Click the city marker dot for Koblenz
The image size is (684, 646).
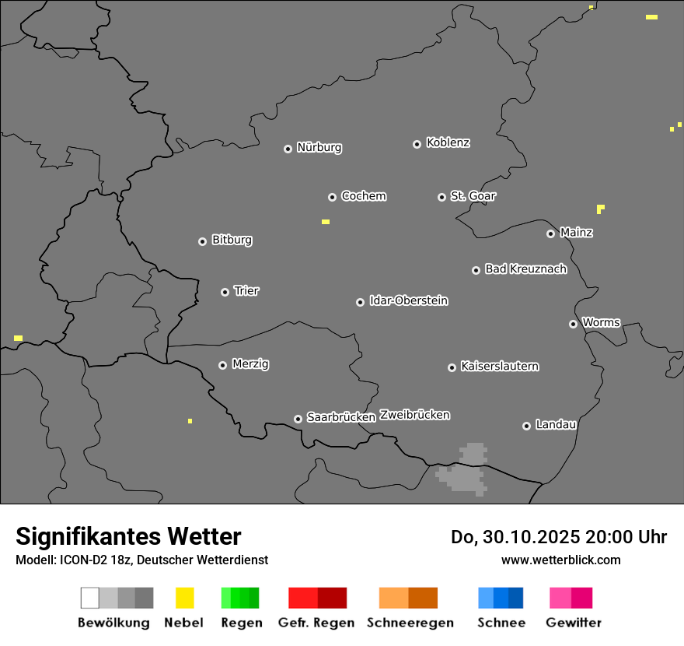417,144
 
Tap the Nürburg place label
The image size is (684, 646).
319,147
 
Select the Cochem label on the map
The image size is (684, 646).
364,196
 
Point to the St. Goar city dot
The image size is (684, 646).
441,197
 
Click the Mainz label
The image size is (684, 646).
576,232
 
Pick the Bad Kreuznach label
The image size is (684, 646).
525,269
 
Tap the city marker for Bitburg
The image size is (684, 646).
202,241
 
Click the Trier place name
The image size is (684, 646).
246,291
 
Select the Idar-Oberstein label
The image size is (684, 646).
409,300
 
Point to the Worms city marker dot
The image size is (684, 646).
573,324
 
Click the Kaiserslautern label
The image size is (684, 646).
500,366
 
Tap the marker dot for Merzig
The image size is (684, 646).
222,365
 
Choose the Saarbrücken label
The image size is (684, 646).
341,417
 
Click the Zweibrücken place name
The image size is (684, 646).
414,415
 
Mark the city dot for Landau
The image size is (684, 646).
526,426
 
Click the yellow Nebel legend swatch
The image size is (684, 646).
184,598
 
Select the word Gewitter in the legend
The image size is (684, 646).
574,623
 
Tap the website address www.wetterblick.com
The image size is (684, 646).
561,560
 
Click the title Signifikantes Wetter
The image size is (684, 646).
128,536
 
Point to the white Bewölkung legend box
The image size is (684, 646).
90,598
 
